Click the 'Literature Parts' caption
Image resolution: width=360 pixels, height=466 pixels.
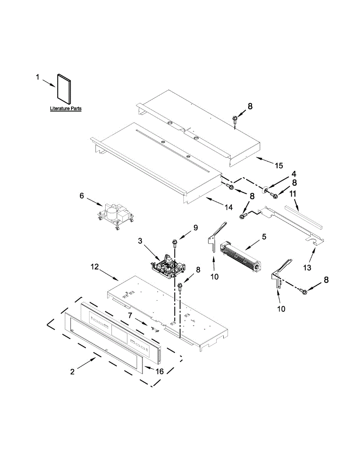(x=66, y=109)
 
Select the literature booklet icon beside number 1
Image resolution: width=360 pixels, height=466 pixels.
(x=63, y=89)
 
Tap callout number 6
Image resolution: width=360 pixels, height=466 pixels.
(x=82, y=196)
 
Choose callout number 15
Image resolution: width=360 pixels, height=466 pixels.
(x=279, y=166)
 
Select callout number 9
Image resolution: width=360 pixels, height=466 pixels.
(x=195, y=227)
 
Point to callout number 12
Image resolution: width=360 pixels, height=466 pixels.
(x=95, y=267)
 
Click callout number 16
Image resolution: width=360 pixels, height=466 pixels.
(x=159, y=371)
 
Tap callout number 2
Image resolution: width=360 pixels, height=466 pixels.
(x=73, y=371)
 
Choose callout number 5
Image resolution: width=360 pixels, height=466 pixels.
(x=264, y=236)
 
